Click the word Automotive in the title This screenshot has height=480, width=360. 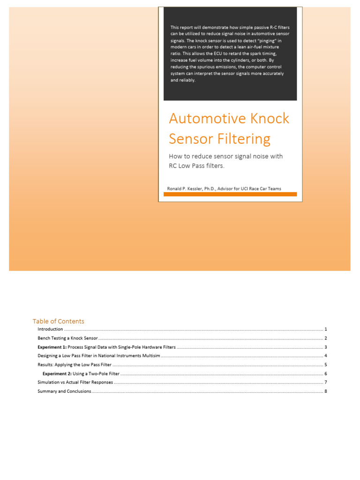click(200, 119)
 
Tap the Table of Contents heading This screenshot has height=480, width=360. click(59, 321)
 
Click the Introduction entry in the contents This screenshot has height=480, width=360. click(50, 330)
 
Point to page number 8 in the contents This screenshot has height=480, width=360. click(325, 391)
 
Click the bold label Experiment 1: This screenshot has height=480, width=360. click(52, 347)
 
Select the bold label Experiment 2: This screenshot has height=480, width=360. click(57, 374)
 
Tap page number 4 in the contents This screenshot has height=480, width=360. click(325, 356)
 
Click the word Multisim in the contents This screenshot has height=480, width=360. click(151, 356)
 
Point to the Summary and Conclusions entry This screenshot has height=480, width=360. click(64, 391)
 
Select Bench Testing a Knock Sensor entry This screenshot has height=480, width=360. click(67, 338)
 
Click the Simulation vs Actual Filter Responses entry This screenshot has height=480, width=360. click(75, 382)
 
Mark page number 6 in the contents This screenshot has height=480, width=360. click(325, 374)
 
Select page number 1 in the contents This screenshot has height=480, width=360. click(325, 330)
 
